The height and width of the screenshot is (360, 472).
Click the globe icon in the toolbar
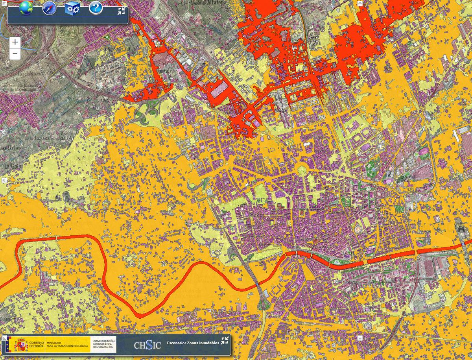pyautogui.click(x=26, y=7)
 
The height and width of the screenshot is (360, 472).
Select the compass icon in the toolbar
pyautogui.click(x=49, y=8)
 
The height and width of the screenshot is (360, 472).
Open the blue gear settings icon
pyautogui.click(x=72, y=8)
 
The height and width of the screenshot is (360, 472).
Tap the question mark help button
pyautogui.click(x=96, y=7)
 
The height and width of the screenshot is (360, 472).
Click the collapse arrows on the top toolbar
pyautogui.click(x=121, y=11)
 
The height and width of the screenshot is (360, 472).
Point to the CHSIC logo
pyautogui.click(x=147, y=345)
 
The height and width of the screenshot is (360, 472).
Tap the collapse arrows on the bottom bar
pyautogui.click(x=225, y=341)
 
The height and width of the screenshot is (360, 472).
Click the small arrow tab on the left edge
pyautogui.click(x=4, y=180)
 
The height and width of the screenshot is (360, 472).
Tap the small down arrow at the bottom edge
pyautogui.click(x=360, y=338)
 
